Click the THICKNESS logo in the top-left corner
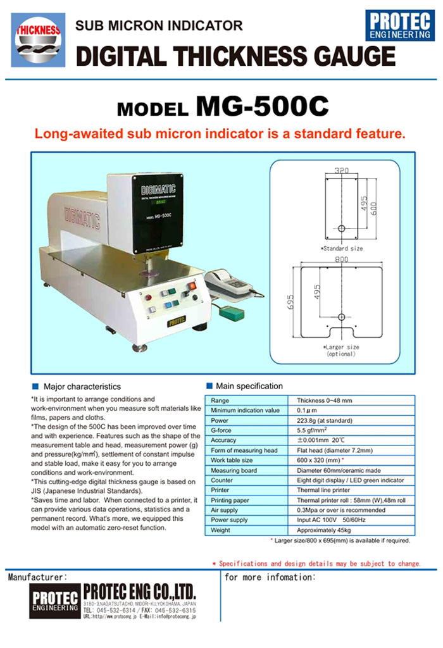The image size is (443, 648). tap(38, 39)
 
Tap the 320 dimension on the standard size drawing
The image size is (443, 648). tap(342, 171)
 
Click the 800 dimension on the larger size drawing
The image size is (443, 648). tap(341, 259)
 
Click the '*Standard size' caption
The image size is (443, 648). tap(342, 248)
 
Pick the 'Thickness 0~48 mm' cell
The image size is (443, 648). tap(325, 401)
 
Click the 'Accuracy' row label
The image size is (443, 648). tap(224, 440)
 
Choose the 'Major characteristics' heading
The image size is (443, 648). tap(82, 386)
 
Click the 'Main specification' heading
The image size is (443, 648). tap(249, 386)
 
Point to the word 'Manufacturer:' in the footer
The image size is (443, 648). tap(37, 578)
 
